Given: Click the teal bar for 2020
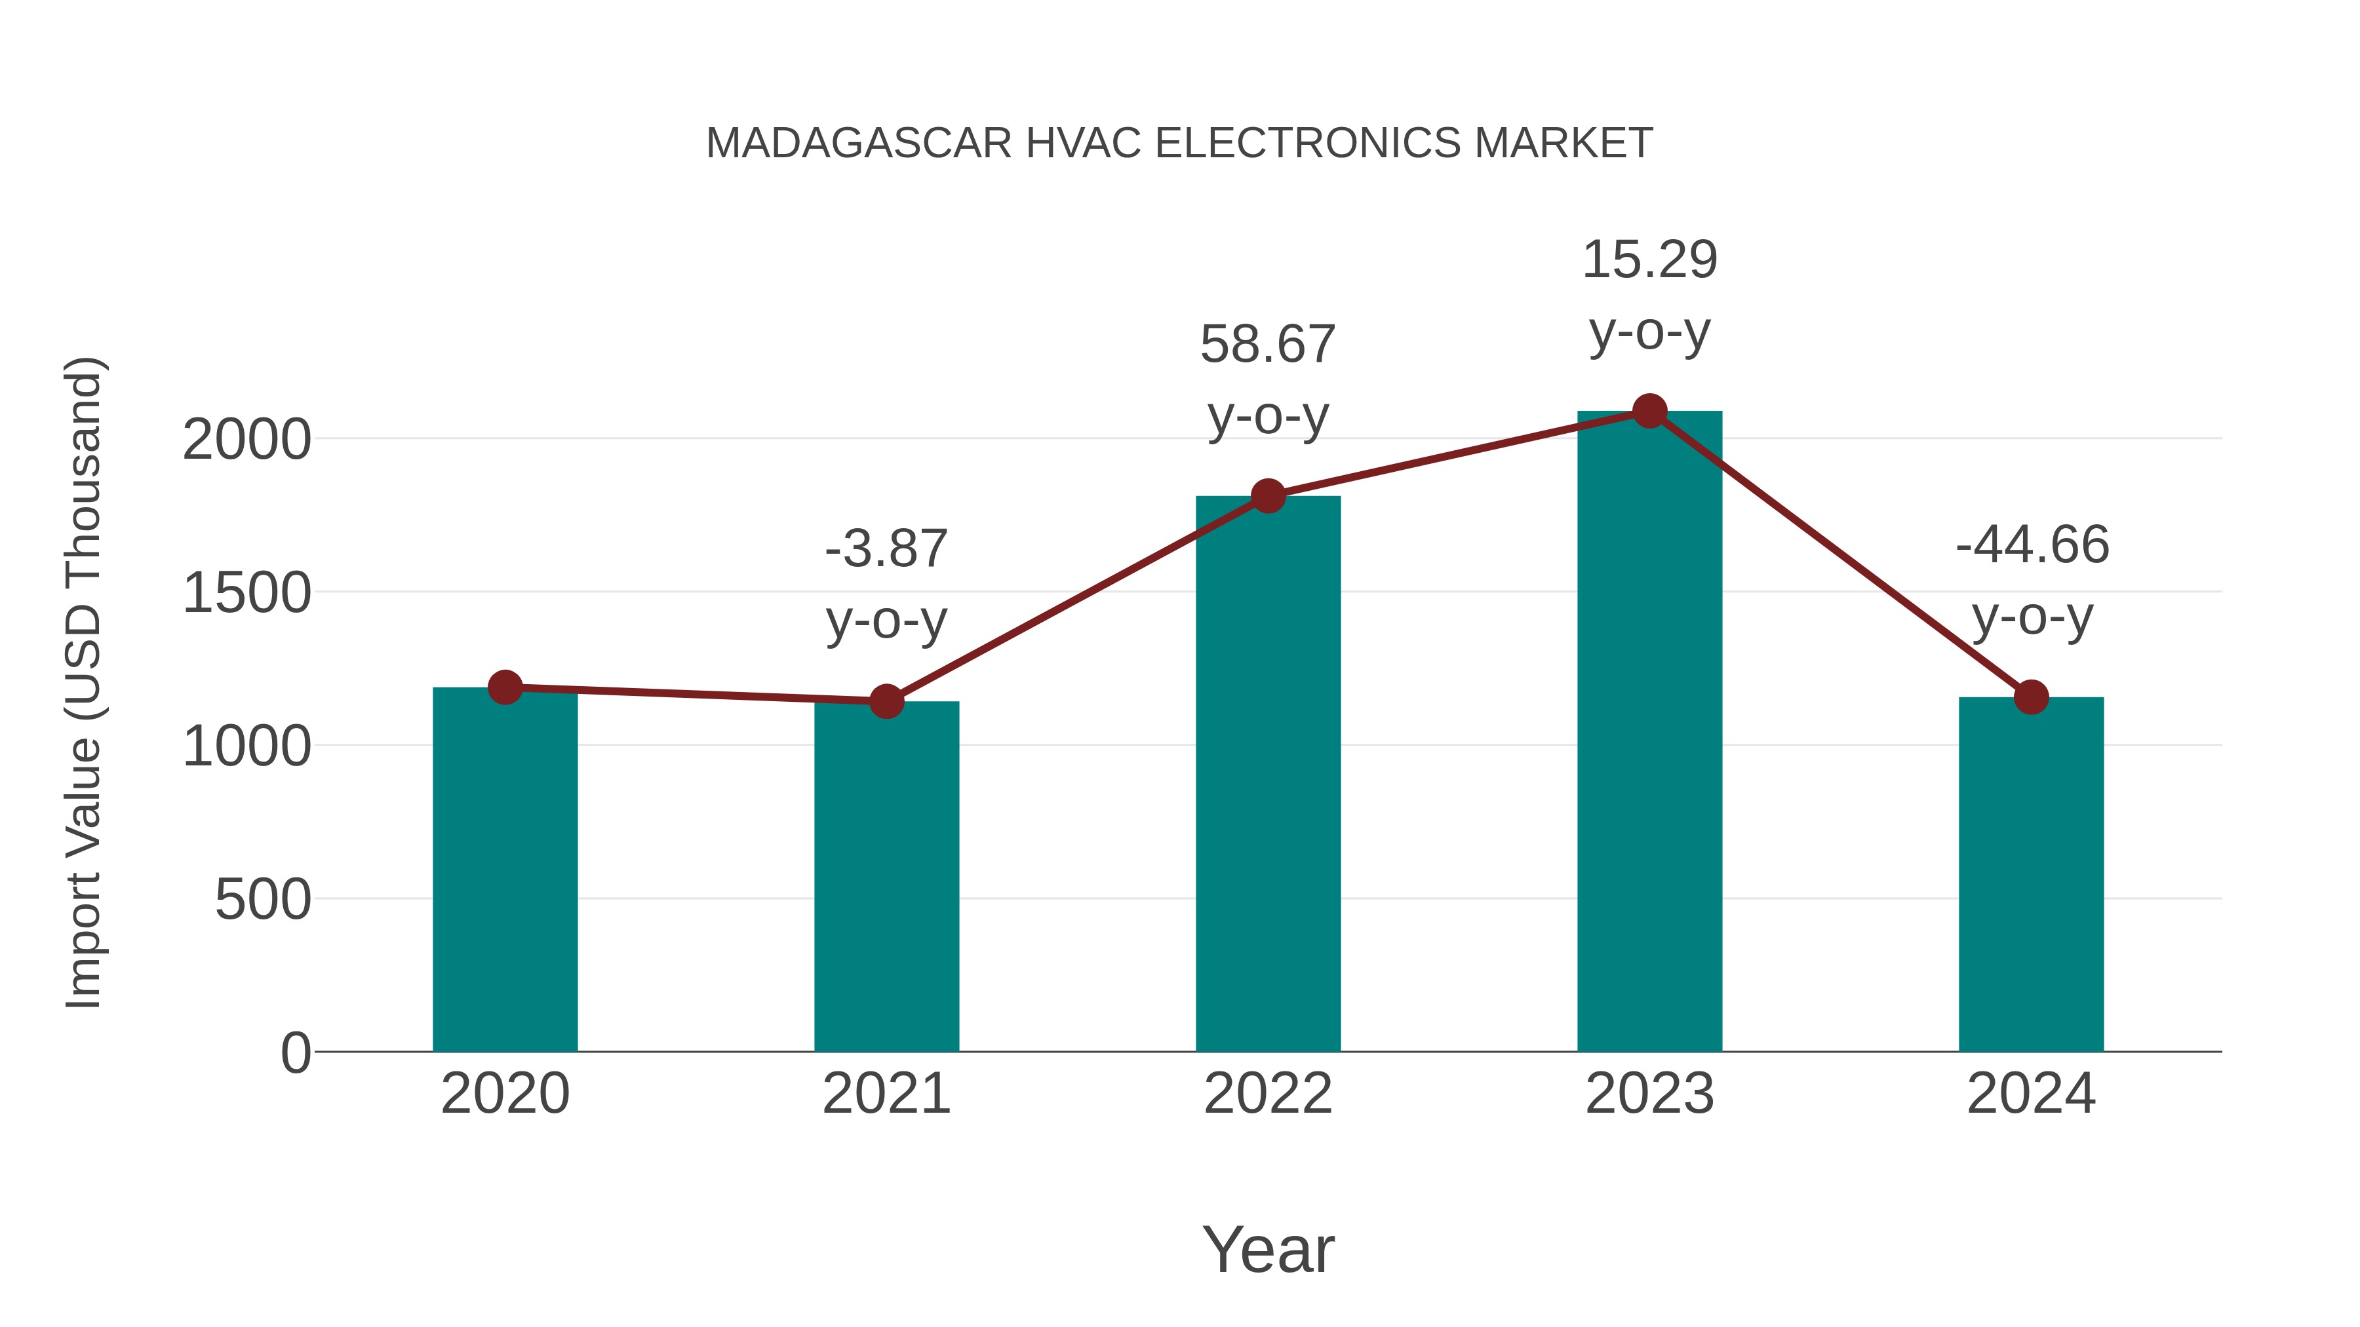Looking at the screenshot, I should [505, 870].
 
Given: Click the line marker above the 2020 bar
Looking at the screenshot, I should [505, 687].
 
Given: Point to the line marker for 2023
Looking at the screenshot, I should [1649, 411].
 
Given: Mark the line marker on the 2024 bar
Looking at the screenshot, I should [2031, 697].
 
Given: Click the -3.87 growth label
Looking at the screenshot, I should [886, 550].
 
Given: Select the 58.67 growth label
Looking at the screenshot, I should [1268, 345].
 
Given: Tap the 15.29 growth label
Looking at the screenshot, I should [1649, 260].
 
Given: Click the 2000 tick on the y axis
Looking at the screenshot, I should [246, 440].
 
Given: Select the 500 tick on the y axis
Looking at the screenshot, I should [263, 900].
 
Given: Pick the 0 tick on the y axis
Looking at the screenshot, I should [295, 1053].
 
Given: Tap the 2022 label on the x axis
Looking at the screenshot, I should [1268, 1094].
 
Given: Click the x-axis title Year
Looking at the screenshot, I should [1268, 1250].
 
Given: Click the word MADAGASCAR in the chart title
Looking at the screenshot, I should [858, 144].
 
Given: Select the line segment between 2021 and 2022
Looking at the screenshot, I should [1077, 599].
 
